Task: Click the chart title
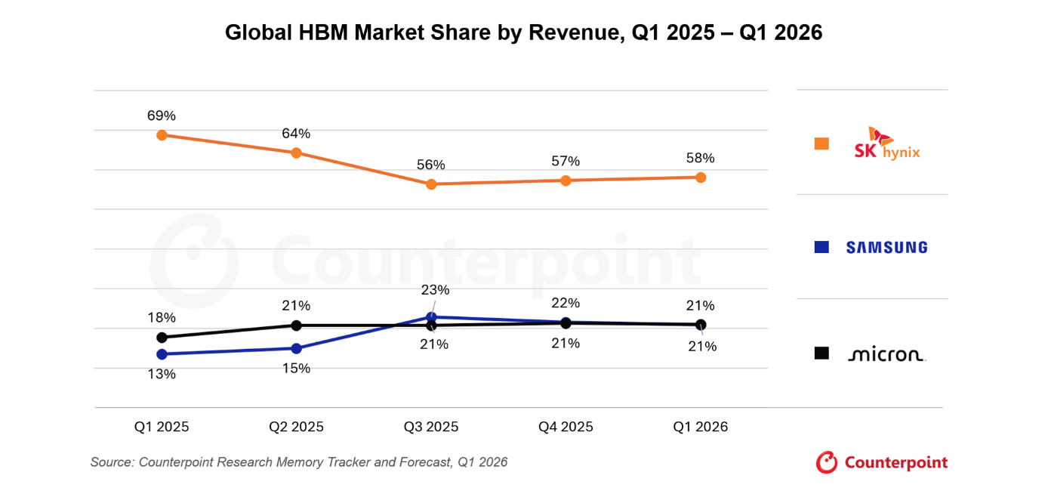523,32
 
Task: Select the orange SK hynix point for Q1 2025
162,135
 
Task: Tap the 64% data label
296,134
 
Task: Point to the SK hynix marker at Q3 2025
431,184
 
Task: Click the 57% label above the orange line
566,161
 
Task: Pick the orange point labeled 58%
701,177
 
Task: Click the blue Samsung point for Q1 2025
162,354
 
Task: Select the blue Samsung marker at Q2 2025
296,348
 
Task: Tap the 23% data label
435,290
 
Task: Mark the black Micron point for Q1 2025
162,337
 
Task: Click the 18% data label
162,318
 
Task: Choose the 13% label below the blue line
162,374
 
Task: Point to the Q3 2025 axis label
431,427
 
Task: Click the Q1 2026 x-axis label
701,427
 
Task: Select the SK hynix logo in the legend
887,144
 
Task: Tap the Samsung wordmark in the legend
887,247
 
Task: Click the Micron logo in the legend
886,354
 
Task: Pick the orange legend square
821,144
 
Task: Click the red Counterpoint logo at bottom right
882,462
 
